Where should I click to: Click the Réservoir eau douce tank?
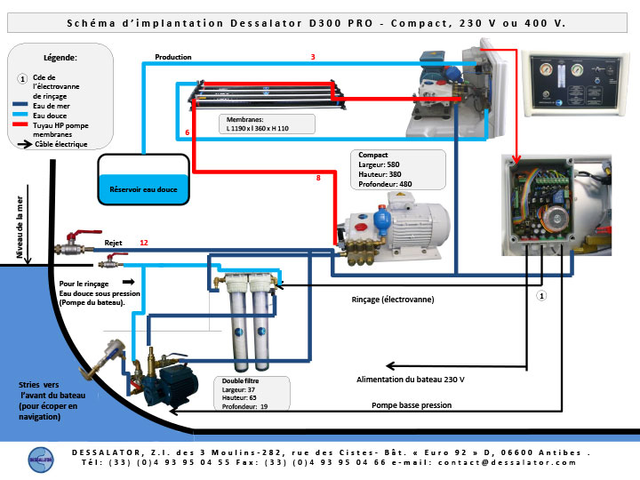pos(144,180)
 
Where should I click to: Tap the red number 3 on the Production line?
pos(313,57)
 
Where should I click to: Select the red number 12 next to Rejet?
pos(144,243)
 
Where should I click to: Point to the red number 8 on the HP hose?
pos(318,178)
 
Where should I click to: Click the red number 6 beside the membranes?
pos(188,132)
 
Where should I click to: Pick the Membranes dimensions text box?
pos(267,124)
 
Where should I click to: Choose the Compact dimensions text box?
pos(398,170)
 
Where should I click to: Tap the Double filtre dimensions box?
pos(252,394)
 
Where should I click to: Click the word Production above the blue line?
pos(173,57)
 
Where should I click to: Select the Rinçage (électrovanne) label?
pos(393,300)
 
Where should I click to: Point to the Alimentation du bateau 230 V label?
pos(410,380)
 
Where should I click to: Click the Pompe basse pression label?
pos(412,405)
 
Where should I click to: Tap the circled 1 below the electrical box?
pos(541,295)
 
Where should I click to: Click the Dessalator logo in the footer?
pos(41,460)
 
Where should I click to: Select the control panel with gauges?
pos(575,84)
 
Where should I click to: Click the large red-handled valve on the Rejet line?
pos(78,243)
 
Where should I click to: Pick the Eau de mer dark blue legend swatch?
pos(20,105)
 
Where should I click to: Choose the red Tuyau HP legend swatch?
pos(20,124)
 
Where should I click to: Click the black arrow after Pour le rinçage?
pos(129,282)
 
